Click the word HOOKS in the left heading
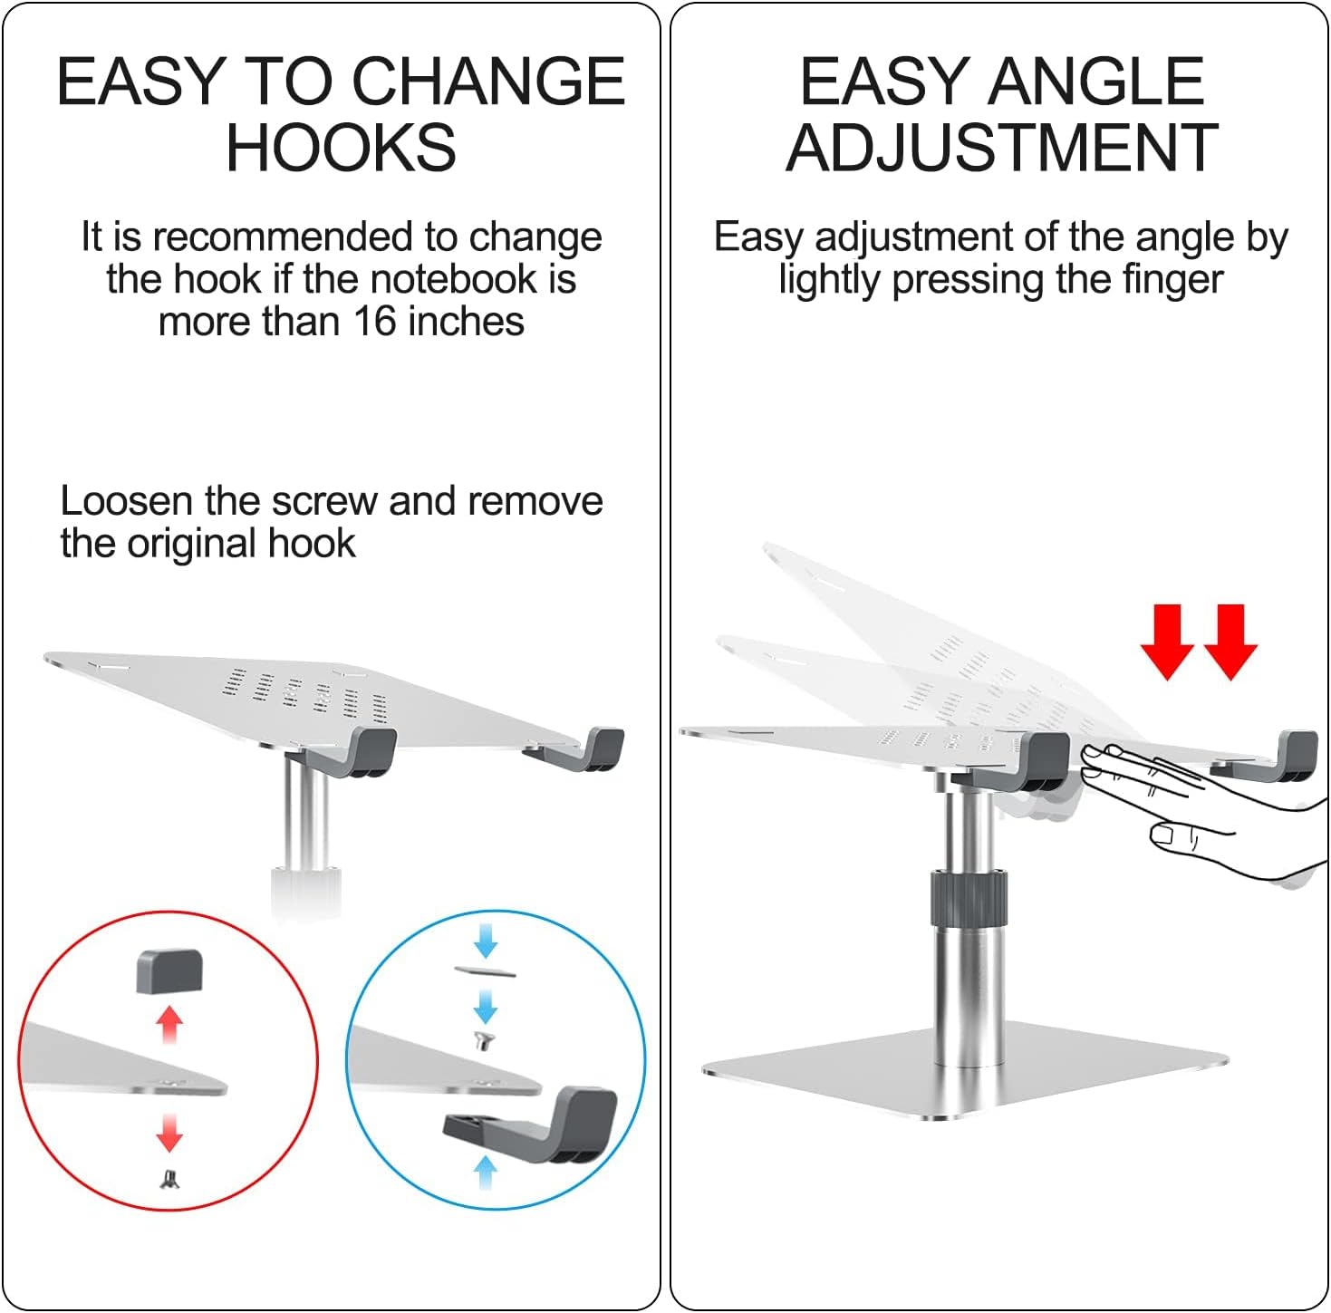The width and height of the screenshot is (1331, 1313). coord(342,147)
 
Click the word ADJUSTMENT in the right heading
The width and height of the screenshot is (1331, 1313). coord(1001,147)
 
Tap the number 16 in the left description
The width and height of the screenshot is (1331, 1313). coord(376,322)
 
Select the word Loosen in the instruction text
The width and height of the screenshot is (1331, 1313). coord(126,501)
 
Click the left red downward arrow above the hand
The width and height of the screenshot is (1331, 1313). coord(1167,642)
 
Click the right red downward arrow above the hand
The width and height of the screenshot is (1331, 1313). coord(1230,642)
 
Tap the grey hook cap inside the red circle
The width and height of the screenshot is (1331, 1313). coord(169,971)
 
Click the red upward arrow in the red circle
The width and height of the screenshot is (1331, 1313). coord(169,1024)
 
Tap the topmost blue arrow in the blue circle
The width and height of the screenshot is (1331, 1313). coord(487,941)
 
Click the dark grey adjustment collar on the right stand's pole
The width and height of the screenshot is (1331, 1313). coord(969,898)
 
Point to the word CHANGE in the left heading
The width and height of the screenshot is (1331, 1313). coord(489,82)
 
